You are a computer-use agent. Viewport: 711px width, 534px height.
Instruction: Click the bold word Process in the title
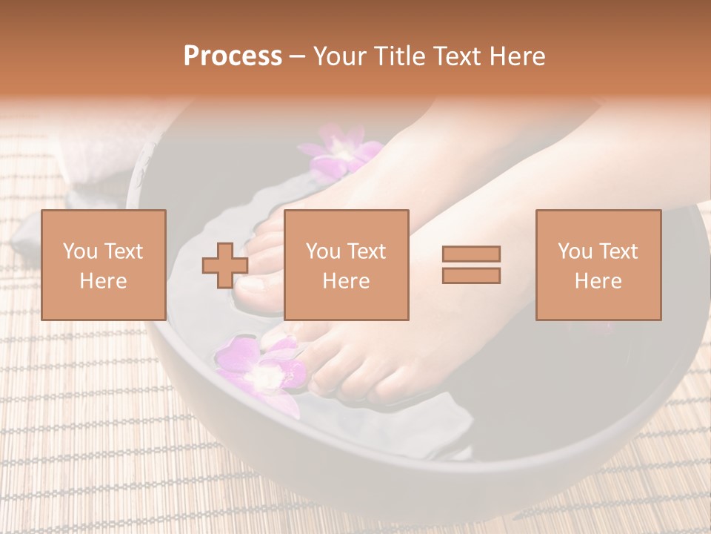pyautogui.click(x=233, y=56)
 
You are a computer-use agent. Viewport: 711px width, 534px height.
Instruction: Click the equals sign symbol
pyautogui.click(x=471, y=265)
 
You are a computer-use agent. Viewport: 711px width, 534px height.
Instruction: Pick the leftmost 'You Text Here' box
pyautogui.click(x=103, y=265)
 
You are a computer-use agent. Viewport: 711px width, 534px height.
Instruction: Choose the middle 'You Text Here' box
pyautogui.click(x=346, y=265)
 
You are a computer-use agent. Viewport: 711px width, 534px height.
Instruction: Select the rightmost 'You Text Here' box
pyautogui.click(x=598, y=265)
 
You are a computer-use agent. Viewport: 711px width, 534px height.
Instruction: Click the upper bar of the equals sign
pyautogui.click(x=471, y=254)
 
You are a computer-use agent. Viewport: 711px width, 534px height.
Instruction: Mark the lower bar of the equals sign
pyautogui.click(x=471, y=275)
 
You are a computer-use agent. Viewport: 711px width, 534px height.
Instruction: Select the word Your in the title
pyautogui.click(x=338, y=56)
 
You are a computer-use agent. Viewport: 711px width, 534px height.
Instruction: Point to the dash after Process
pyautogui.click(x=297, y=57)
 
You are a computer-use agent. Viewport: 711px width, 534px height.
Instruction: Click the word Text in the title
pyautogui.click(x=458, y=56)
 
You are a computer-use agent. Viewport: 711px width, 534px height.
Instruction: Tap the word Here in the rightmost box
pyautogui.click(x=598, y=280)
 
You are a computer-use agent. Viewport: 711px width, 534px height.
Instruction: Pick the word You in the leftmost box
pyautogui.click(x=79, y=251)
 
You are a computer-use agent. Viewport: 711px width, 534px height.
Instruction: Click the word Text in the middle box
pyautogui.click(x=367, y=251)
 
